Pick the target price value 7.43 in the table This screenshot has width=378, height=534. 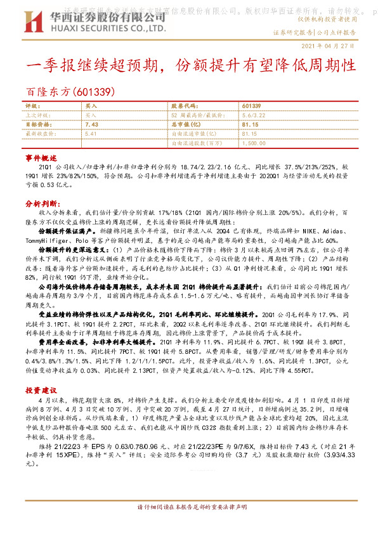coord(90,125)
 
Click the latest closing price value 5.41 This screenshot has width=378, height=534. coord(90,134)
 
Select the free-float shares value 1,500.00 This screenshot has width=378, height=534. coord(253,143)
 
